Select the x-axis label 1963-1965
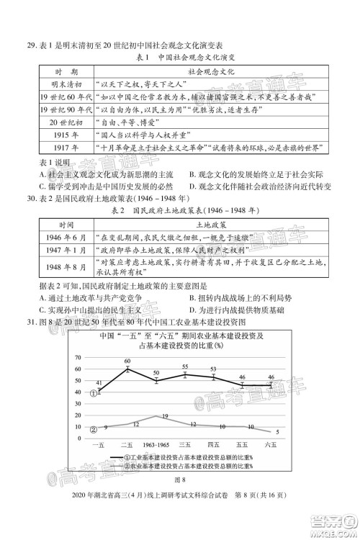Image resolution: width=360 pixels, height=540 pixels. pos(154,446)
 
